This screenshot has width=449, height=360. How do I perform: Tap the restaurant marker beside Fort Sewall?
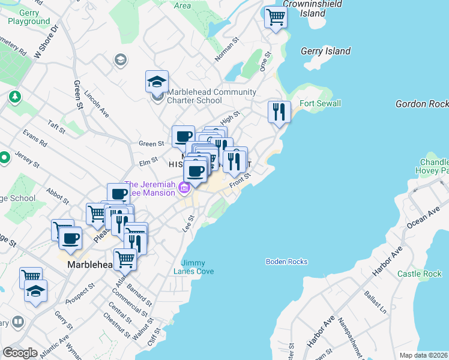click(279, 112)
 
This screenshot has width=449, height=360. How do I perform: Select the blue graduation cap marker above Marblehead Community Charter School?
click(157, 82)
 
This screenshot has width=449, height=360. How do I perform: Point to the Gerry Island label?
click(325, 51)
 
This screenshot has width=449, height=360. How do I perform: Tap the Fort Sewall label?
click(320, 103)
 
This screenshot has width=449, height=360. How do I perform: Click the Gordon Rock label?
click(422, 104)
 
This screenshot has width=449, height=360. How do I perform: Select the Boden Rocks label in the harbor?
click(287, 262)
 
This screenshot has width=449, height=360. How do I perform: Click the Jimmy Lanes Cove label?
click(198, 267)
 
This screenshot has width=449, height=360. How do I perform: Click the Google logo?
click(20, 352)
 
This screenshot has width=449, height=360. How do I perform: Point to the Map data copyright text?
click(423, 355)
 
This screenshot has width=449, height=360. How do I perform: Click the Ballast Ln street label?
click(373, 303)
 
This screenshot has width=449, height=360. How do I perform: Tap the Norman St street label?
click(227, 52)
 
